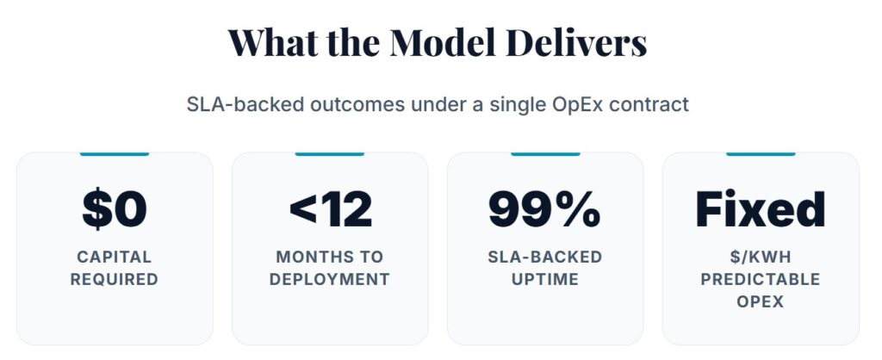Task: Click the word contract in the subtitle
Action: point(649,105)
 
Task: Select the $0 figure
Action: point(115,209)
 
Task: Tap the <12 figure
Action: point(330,209)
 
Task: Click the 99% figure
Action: point(544,209)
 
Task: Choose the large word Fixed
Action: point(760,209)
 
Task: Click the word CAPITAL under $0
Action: point(115,257)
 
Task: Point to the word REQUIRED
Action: point(115,279)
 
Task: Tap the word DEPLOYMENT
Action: point(330,279)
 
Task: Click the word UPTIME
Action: point(544,279)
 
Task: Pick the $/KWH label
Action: point(760,257)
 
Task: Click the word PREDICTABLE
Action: point(760,279)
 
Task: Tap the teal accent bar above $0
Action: point(115,154)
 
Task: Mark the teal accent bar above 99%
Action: point(544,154)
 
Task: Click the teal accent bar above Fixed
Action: point(760,154)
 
